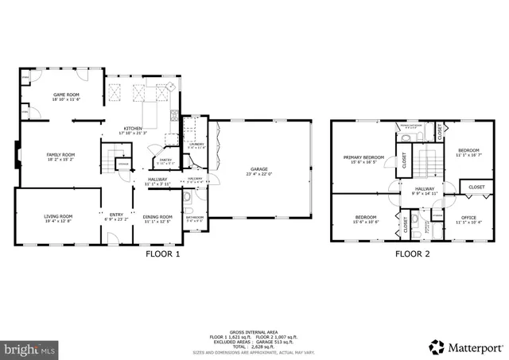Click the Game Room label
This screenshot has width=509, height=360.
66,95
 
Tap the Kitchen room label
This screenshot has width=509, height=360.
132,129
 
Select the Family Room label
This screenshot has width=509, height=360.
60,155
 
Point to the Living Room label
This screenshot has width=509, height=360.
57,216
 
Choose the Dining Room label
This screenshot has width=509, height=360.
157,217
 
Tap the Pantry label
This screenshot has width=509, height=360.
165,160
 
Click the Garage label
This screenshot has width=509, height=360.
258,169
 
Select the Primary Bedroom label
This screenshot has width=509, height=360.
363,157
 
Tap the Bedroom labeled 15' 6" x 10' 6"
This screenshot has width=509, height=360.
365,217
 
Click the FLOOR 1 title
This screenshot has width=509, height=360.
163,255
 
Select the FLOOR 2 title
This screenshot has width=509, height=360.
412,255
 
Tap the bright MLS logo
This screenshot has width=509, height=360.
30,348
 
